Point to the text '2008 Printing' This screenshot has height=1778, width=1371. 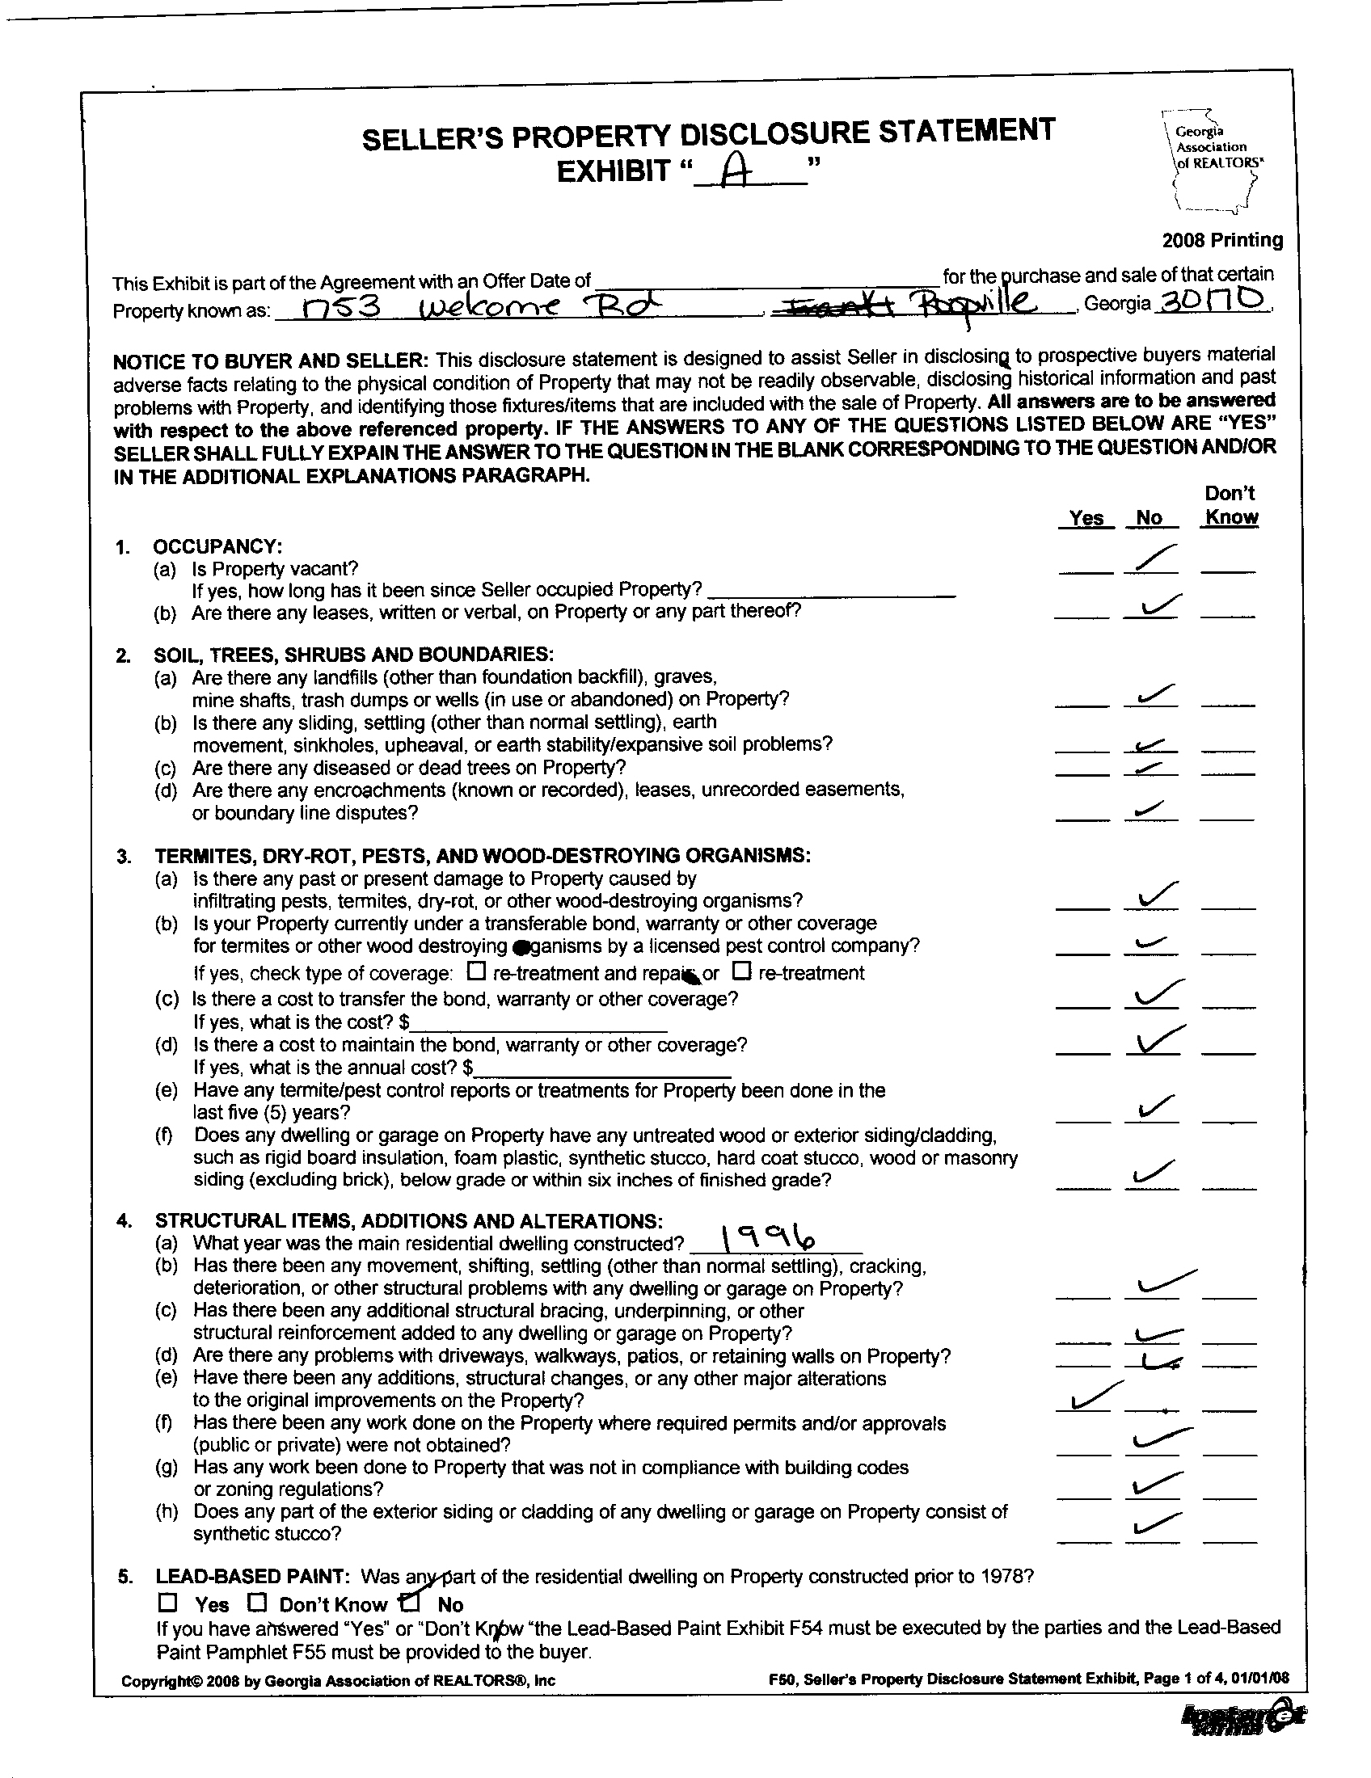coord(1221,240)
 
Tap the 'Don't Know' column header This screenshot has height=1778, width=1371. coord(1230,506)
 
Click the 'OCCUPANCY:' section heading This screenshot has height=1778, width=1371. coord(218,546)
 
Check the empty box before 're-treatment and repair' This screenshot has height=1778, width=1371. coord(478,971)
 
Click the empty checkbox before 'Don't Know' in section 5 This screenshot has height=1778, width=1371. coord(257,1602)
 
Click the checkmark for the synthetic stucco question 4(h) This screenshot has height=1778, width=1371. coord(1154,1523)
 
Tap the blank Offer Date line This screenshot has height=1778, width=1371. coord(766,280)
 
